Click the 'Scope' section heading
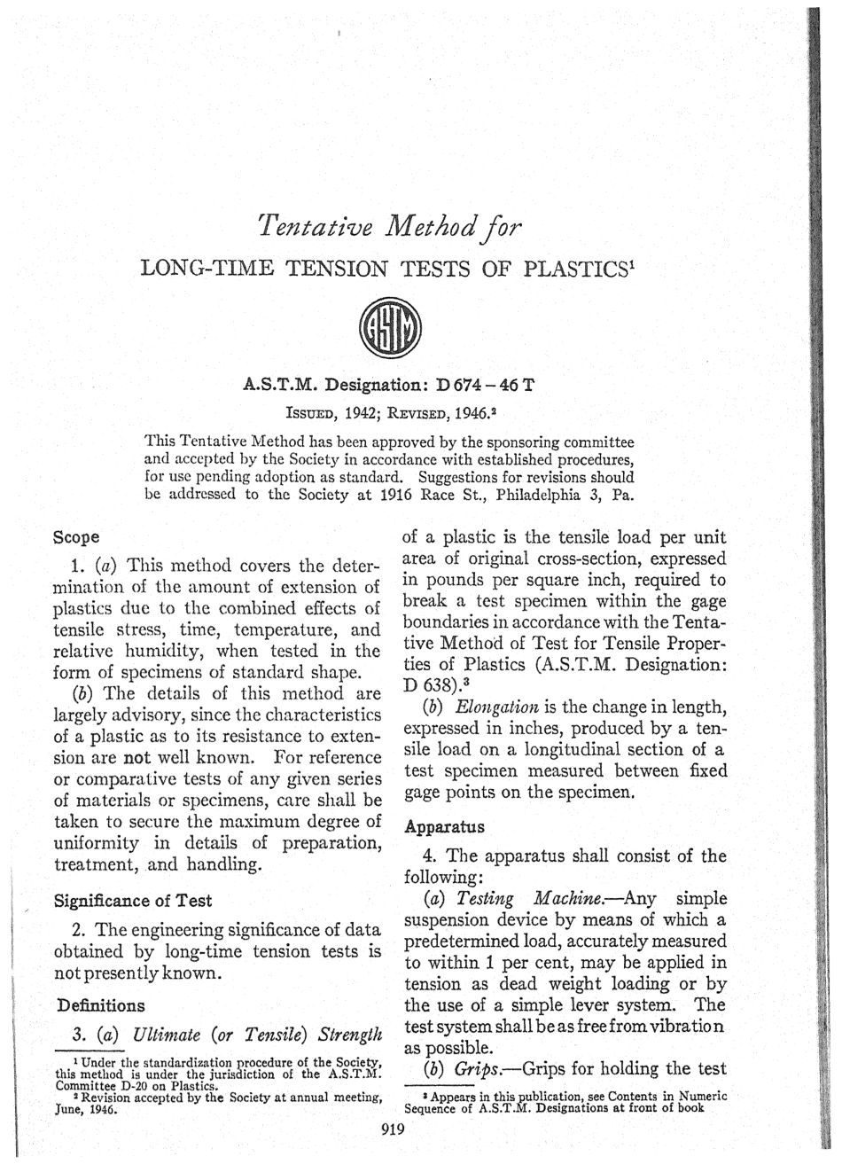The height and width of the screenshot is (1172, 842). point(76,537)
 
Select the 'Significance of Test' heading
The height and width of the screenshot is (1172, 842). point(133,901)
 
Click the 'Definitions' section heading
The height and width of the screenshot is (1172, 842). point(100,1005)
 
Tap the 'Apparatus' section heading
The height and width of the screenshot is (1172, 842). point(444,827)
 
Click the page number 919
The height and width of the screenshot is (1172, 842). point(391,1129)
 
